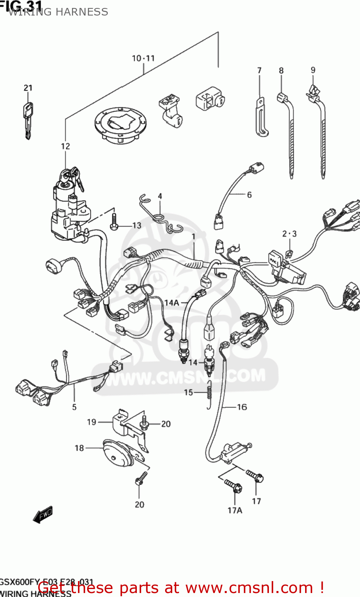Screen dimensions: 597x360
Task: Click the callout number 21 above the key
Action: coord(28,88)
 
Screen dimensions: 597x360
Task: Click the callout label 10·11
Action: coord(143,59)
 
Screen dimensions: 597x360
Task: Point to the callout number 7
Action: coord(259,70)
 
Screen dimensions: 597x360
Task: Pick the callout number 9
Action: coord(313,70)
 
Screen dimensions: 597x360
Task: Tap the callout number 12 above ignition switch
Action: coord(65,146)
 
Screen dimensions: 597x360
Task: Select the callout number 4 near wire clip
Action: coord(160,196)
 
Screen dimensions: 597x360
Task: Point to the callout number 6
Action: coord(249,195)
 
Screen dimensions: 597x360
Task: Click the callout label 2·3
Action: coord(289,234)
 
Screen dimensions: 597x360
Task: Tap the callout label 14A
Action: coord(172,302)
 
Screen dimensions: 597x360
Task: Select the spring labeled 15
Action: coord(208,394)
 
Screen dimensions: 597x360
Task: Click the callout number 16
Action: coord(242,407)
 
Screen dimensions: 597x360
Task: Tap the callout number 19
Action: coord(91,422)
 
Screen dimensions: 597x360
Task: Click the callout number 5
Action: coord(74,407)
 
